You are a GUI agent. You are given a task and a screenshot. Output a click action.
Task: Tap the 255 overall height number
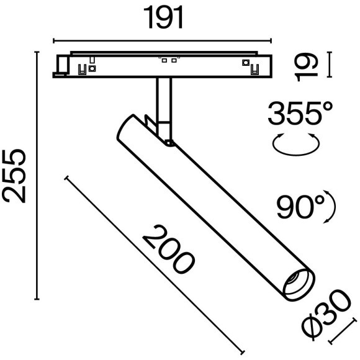pyautogui.click(x=15, y=176)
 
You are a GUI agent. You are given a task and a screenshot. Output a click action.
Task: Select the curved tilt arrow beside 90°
pyautogui.click(x=331, y=208)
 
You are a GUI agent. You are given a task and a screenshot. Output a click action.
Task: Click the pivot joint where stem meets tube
pyautogui.click(x=169, y=143)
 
